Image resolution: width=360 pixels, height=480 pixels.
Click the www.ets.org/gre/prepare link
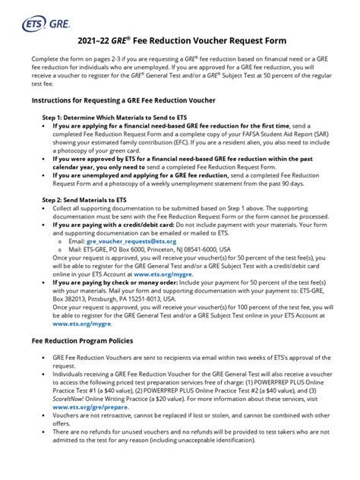point(91,406)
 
